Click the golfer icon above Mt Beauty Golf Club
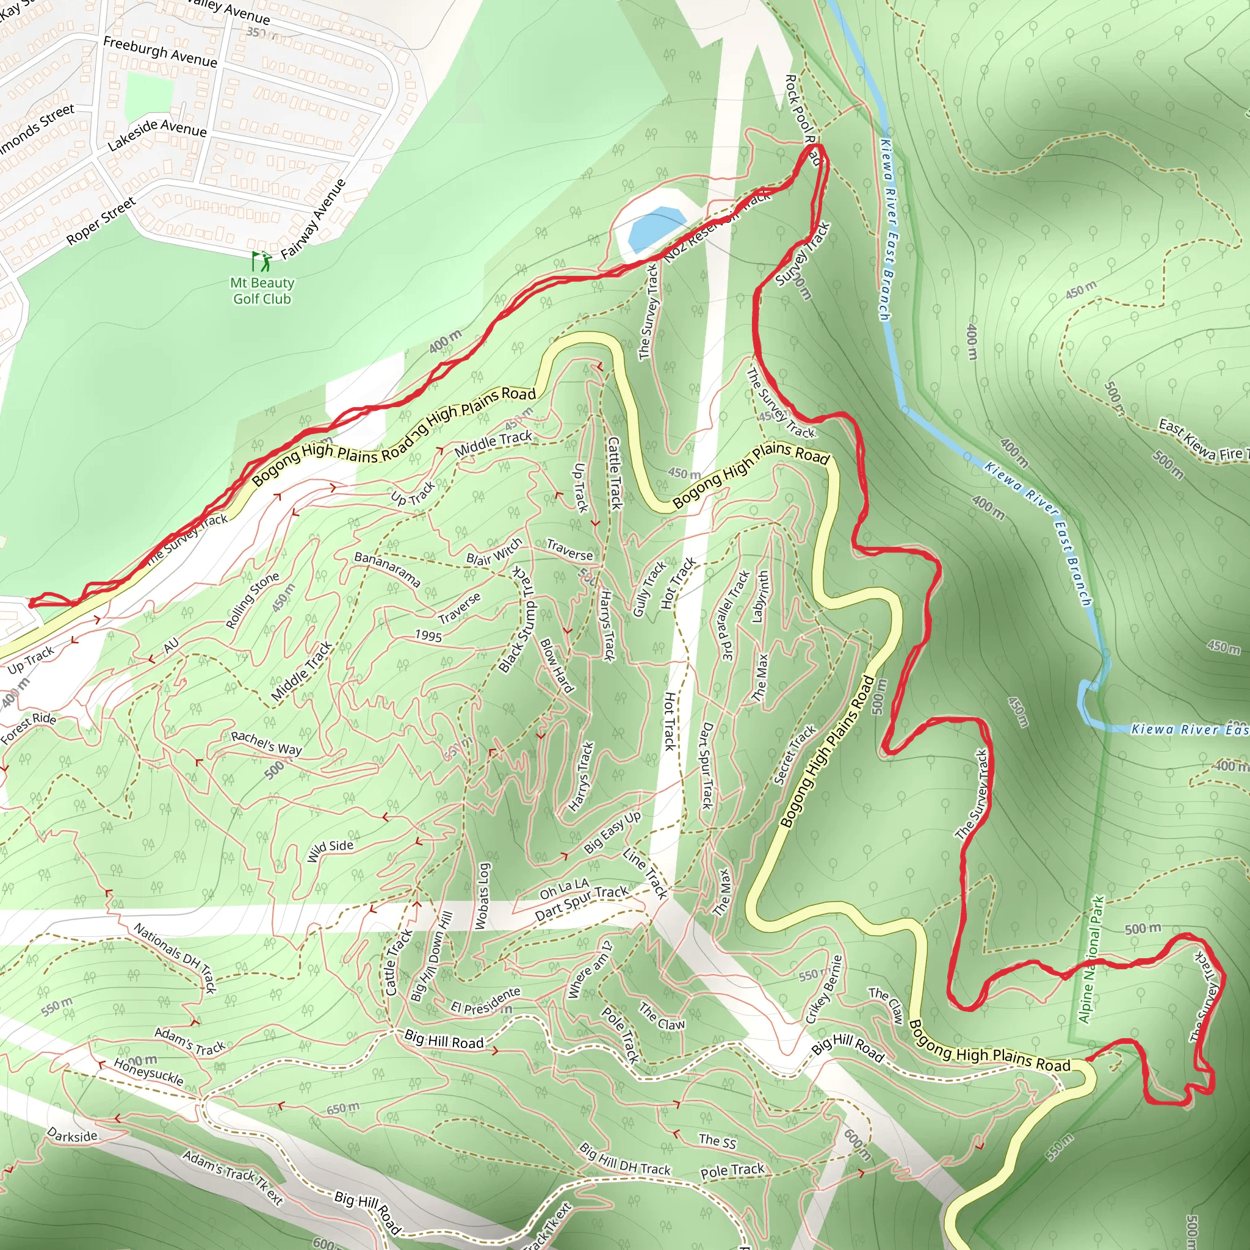click(x=261, y=261)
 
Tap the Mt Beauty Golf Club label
click(x=262, y=291)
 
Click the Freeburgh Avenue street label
click(x=160, y=52)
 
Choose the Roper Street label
click(x=101, y=220)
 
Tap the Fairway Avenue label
click(x=314, y=219)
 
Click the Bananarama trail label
click(x=387, y=569)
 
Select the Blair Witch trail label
click(x=494, y=551)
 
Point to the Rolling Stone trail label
click(x=252, y=600)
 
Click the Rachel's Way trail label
click(x=266, y=743)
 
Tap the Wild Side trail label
click(x=330, y=850)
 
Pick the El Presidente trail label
click(x=486, y=1000)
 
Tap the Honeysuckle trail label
click(x=148, y=1072)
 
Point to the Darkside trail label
click(x=73, y=1135)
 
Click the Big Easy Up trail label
click(x=612, y=831)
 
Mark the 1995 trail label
click(x=428, y=636)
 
